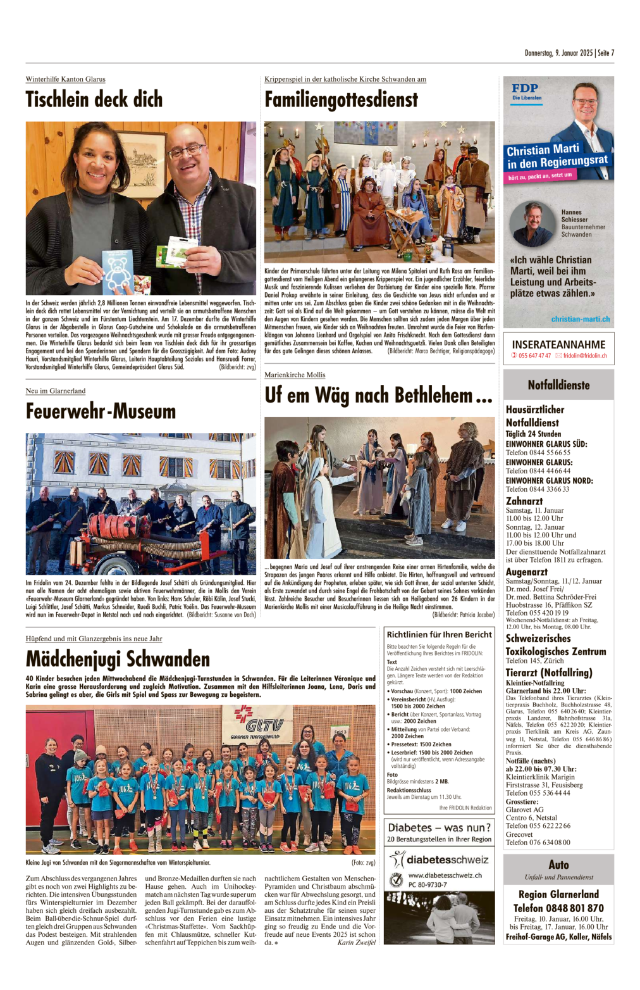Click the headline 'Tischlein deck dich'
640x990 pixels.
pos(94,100)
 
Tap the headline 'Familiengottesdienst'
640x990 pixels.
pos(341,100)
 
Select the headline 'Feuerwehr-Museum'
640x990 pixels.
pos(101,411)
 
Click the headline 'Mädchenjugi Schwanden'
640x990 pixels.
pos(118,659)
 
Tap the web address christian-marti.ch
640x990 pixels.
pos(580,319)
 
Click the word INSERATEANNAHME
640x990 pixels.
pos(558,344)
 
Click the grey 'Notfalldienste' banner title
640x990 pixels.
pos(558,385)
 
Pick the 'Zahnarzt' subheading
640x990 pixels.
pos(524,501)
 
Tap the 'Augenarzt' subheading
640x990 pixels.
pos(527,572)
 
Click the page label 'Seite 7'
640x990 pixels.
pos(606,53)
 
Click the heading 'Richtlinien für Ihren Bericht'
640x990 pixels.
pos(439,634)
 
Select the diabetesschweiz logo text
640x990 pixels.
pos(447,860)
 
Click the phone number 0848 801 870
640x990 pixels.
pos(558,908)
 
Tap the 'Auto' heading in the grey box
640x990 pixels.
pos(558,865)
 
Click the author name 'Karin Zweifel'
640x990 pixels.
pos(356,943)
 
